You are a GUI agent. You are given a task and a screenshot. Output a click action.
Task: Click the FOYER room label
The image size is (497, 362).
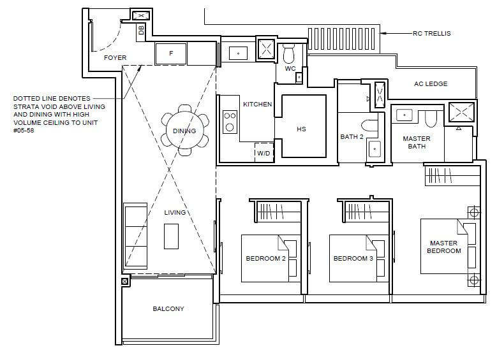click(115, 57)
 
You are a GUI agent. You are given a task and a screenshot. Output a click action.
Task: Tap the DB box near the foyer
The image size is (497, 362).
click(141, 31)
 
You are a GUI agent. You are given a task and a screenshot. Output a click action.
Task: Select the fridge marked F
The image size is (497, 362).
click(171, 54)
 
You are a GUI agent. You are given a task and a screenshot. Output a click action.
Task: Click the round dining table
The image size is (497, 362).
click(184, 130)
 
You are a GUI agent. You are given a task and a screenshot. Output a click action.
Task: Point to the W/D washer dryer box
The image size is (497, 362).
click(264, 153)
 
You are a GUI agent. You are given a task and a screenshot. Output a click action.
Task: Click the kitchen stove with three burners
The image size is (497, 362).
click(230, 122)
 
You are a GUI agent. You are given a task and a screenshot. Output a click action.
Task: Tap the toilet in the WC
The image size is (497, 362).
click(288, 54)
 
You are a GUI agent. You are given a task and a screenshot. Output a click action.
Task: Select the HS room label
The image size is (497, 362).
click(301, 129)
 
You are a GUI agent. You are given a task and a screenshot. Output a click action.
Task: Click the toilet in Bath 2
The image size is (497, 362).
click(369, 126)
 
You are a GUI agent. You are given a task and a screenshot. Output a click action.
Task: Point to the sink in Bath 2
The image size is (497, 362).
click(375, 149)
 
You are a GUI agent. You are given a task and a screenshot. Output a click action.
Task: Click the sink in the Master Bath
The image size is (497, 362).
click(404, 115)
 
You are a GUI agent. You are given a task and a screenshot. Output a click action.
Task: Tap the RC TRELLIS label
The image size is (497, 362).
click(431, 33)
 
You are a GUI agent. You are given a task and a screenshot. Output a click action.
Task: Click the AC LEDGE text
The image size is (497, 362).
click(431, 83)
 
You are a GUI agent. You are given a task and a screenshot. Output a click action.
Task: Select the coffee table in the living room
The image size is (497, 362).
click(171, 236)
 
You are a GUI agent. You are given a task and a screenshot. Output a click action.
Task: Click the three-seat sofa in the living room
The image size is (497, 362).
click(135, 236)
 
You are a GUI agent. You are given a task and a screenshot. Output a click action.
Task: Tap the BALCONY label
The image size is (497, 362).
click(168, 309)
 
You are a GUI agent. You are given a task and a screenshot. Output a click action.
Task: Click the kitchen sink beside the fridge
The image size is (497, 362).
click(238, 53)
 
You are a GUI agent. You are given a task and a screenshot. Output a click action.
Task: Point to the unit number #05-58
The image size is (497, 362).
click(24, 131)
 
